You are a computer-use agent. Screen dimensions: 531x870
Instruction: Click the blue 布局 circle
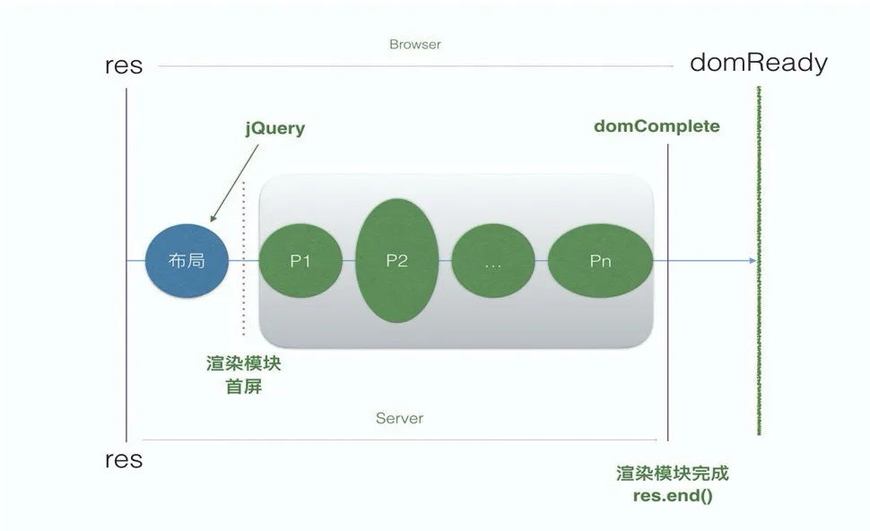click(187, 261)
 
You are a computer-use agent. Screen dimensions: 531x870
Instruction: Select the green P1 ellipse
click(300, 261)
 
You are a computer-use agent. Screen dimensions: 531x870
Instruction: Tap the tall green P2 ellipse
click(397, 261)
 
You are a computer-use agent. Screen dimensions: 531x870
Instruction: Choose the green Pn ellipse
click(600, 261)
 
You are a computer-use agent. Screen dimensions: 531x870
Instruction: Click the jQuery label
click(275, 128)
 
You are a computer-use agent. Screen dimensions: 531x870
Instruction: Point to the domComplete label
click(657, 126)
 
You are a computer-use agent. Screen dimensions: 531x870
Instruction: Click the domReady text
click(758, 64)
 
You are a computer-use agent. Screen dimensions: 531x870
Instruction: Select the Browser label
click(415, 44)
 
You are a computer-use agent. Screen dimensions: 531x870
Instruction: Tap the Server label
click(399, 418)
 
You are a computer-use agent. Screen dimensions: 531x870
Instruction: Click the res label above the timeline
click(124, 66)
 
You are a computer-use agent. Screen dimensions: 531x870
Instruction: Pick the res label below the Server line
click(124, 460)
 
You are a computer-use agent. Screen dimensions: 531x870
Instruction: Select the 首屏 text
click(243, 387)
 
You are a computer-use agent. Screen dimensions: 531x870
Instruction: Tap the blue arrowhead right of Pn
click(752, 261)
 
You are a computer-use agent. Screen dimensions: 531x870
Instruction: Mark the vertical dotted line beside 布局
click(244, 260)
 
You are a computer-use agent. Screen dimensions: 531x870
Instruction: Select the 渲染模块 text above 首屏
click(243, 365)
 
